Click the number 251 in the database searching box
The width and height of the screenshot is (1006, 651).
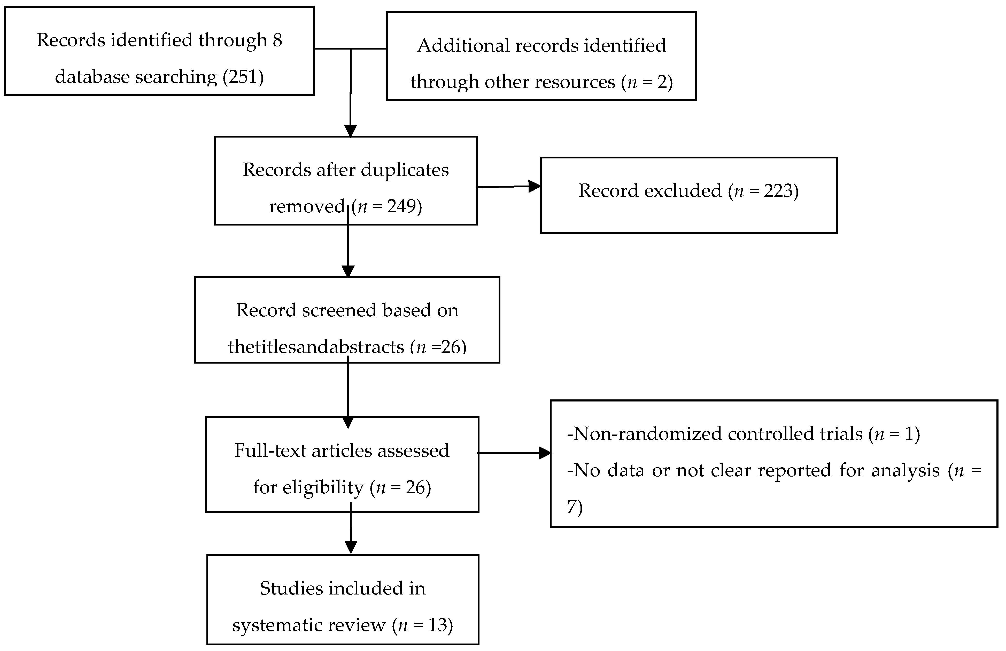(243, 77)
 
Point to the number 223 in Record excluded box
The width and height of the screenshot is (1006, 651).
(777, 191)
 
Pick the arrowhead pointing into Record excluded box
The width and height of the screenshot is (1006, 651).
(535, 186)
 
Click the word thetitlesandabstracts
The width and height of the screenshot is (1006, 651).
(316, 347)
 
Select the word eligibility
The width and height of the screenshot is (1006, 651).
(323, 488)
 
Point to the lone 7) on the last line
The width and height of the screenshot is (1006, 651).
(575, 507)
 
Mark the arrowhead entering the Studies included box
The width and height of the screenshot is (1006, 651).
(351, 547)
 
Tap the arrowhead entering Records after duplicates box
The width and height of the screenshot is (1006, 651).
(351, 131)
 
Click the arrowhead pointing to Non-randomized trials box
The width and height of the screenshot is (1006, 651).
(545, 453)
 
